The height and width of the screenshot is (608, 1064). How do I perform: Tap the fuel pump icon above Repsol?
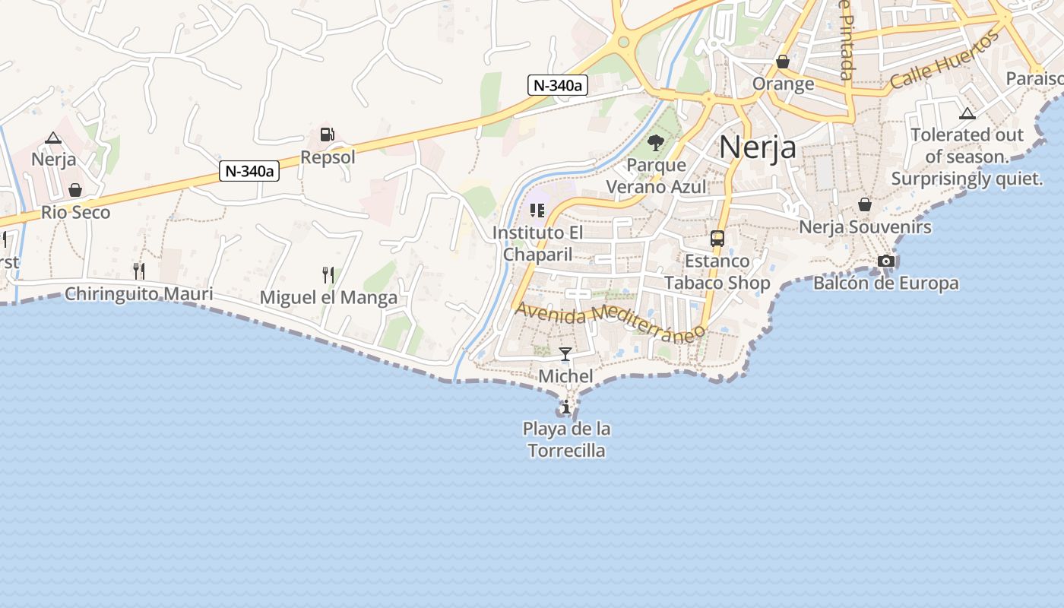point(328,134)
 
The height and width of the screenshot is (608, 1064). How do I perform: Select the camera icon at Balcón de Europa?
point(885,261)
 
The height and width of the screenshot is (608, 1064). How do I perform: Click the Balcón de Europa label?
point(885,283)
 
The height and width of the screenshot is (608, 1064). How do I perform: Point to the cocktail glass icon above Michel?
point(565,353)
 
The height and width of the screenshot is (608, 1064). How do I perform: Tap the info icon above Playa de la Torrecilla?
point(565,407)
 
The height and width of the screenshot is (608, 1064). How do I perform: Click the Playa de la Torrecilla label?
point(566,439)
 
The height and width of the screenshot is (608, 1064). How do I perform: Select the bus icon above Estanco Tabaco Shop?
point(717,239)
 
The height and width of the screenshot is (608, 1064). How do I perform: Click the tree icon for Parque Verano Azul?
point(655,142)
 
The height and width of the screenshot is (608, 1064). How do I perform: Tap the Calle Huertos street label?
point(943,60)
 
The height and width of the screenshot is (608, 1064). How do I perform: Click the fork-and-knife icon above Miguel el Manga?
point(328,274)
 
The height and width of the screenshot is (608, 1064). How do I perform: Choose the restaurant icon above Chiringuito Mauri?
point(138,271)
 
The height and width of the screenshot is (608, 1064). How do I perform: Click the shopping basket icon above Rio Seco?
point(75,190)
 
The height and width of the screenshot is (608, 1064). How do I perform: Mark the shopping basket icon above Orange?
point(783,62)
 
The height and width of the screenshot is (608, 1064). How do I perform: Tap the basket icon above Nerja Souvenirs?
point(865,204)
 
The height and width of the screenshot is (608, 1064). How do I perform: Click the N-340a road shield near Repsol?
point(249,171)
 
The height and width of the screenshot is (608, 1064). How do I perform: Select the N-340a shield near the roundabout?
point(558,85)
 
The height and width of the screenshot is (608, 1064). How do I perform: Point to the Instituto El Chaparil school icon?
point(537,210)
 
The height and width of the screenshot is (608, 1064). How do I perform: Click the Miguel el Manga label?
point(328,297)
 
